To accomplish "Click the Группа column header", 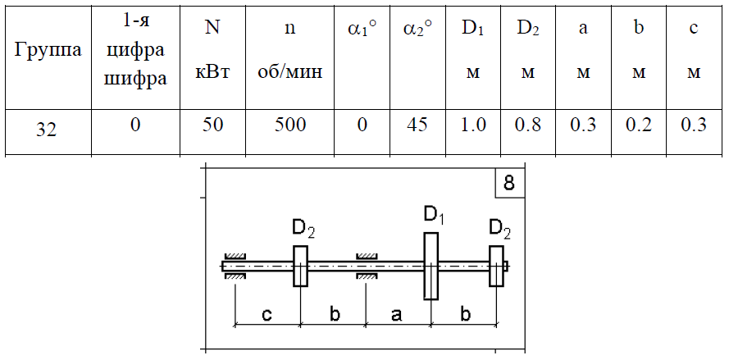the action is click(48, 50).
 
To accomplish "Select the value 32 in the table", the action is click(48, 129).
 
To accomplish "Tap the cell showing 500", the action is click(290, 125).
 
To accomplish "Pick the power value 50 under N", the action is click(212, 125).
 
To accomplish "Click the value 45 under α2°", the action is click(416, 125).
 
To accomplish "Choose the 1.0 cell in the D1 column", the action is click(472, 125).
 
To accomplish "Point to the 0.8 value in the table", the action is click(528, 125).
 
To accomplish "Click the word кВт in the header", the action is click(212, 73).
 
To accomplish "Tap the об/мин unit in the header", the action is click(290, 73).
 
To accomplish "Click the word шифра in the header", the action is click(135, 78).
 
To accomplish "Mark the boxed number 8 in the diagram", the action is click(509, 183).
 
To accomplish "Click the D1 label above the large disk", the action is click(434, 216).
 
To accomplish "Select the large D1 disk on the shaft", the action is click(431, 266).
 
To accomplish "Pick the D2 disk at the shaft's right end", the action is click(497, 266).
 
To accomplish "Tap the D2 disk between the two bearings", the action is click(300, 266).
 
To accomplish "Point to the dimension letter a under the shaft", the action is click(397, 315).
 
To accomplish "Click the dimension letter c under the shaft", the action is click(267, 315).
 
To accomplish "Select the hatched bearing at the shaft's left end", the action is click(235, 266).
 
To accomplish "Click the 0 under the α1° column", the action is click(362, 125).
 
